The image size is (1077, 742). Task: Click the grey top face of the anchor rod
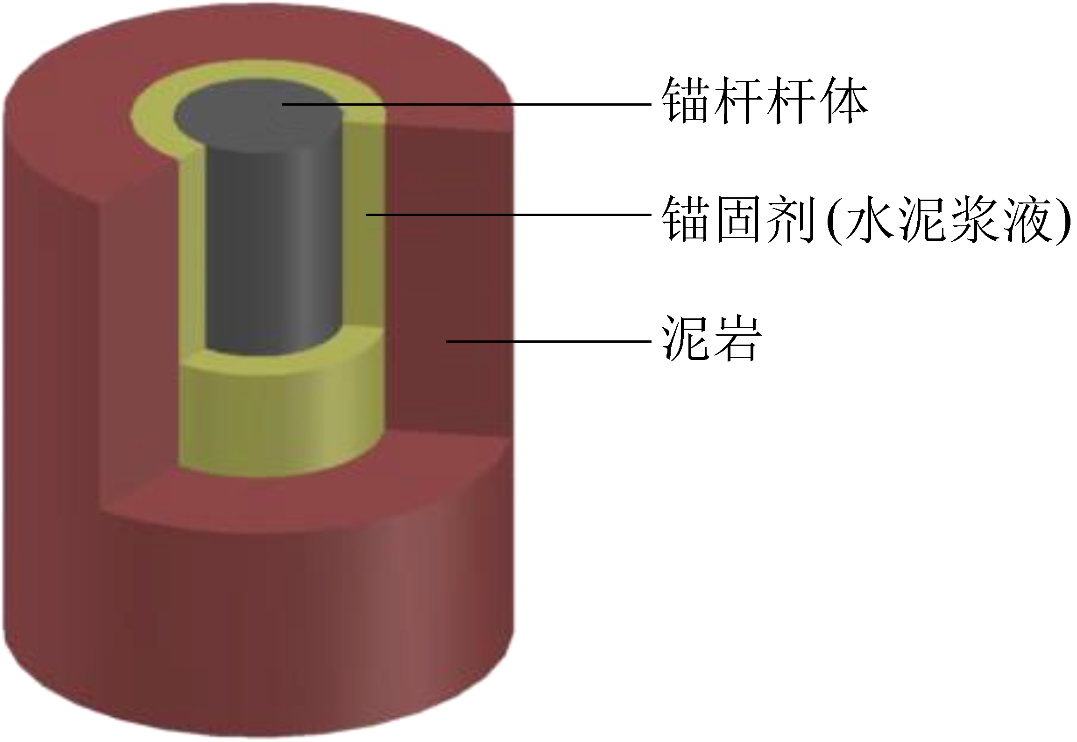(257, 115)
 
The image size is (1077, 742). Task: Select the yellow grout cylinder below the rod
(280, 421)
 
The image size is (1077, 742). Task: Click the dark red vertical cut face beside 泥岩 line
(448, 281)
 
